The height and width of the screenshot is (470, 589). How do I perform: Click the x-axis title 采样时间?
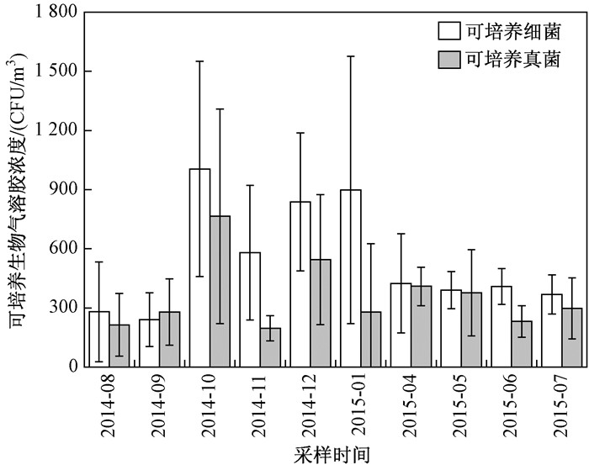point(335,456)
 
